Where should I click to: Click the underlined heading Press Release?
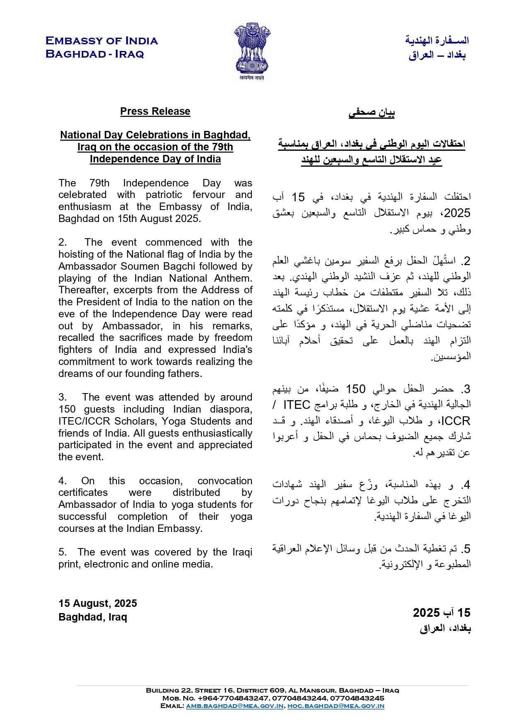[155, 111]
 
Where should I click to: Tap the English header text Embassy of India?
[101, 41]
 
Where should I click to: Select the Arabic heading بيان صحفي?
[372, 112]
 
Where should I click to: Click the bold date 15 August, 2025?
[98, 604]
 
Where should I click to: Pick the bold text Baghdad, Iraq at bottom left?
[93, 617]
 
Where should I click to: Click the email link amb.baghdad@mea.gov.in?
[234, 706]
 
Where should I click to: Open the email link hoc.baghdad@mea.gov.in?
[335, 706]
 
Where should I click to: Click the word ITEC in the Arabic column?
[297, 405]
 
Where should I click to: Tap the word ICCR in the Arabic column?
[456, 421]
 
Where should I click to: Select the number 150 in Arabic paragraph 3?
[355, 389]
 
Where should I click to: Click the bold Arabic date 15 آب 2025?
[442, 613]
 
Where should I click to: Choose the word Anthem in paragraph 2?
[235, 278]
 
